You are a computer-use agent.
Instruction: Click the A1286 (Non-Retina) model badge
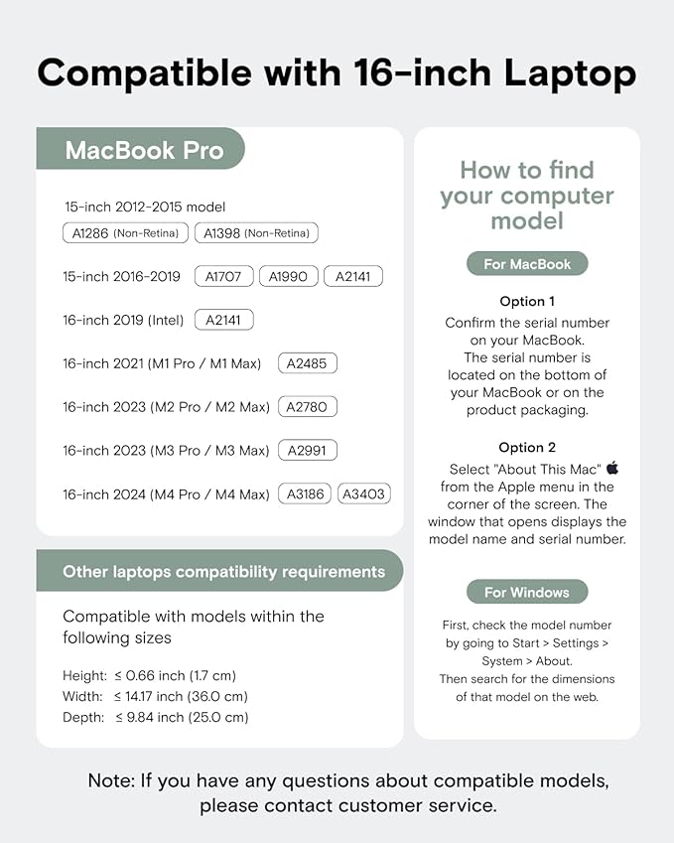tap(125, 233)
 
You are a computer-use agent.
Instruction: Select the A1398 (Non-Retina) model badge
tap(256, 233)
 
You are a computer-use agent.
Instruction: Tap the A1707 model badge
tap(224, 276)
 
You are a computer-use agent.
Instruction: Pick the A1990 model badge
tap(289, 276)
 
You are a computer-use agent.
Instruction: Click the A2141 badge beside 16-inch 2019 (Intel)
tap(224, 320)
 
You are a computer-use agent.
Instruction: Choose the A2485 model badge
tap(308, 363)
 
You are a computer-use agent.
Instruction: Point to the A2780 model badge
tap(308, 407)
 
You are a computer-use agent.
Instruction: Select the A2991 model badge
tap(308, 451)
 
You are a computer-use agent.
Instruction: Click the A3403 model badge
tap(364, 493)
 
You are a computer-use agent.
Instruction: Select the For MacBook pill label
tap(527, 264)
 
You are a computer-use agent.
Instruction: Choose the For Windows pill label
tap(527, 593)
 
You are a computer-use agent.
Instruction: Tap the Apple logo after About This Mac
tap(612, 467)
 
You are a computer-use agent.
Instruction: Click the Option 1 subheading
tap(527, 301)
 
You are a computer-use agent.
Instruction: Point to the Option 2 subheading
tap(527, 448)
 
